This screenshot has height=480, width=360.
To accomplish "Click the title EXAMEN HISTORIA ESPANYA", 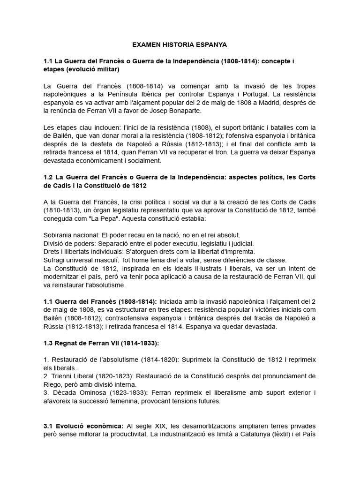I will (x=180, y=45).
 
